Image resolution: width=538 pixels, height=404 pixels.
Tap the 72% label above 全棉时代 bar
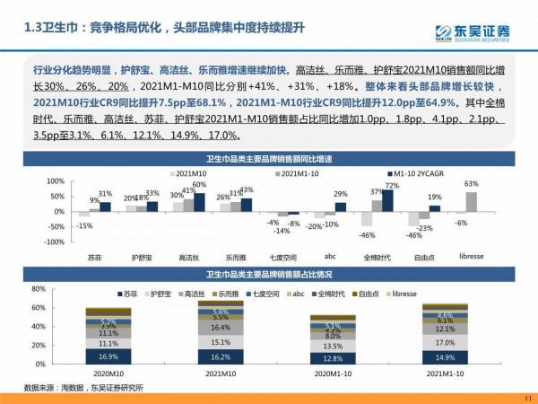point(391,185)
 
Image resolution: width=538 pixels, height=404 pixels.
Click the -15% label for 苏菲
point(84,225)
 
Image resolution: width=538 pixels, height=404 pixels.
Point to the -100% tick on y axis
point(53,242)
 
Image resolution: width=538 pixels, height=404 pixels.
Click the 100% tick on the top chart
point(55,181)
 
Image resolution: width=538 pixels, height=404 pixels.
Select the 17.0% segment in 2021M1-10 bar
point(446,342)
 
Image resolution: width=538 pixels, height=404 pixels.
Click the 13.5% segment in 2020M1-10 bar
point(333,345)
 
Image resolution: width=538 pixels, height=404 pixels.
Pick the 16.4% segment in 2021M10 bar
point(221,328)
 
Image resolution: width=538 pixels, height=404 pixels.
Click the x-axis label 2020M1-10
point(333,373)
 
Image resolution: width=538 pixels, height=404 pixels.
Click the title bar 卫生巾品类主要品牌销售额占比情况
point(269,275)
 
